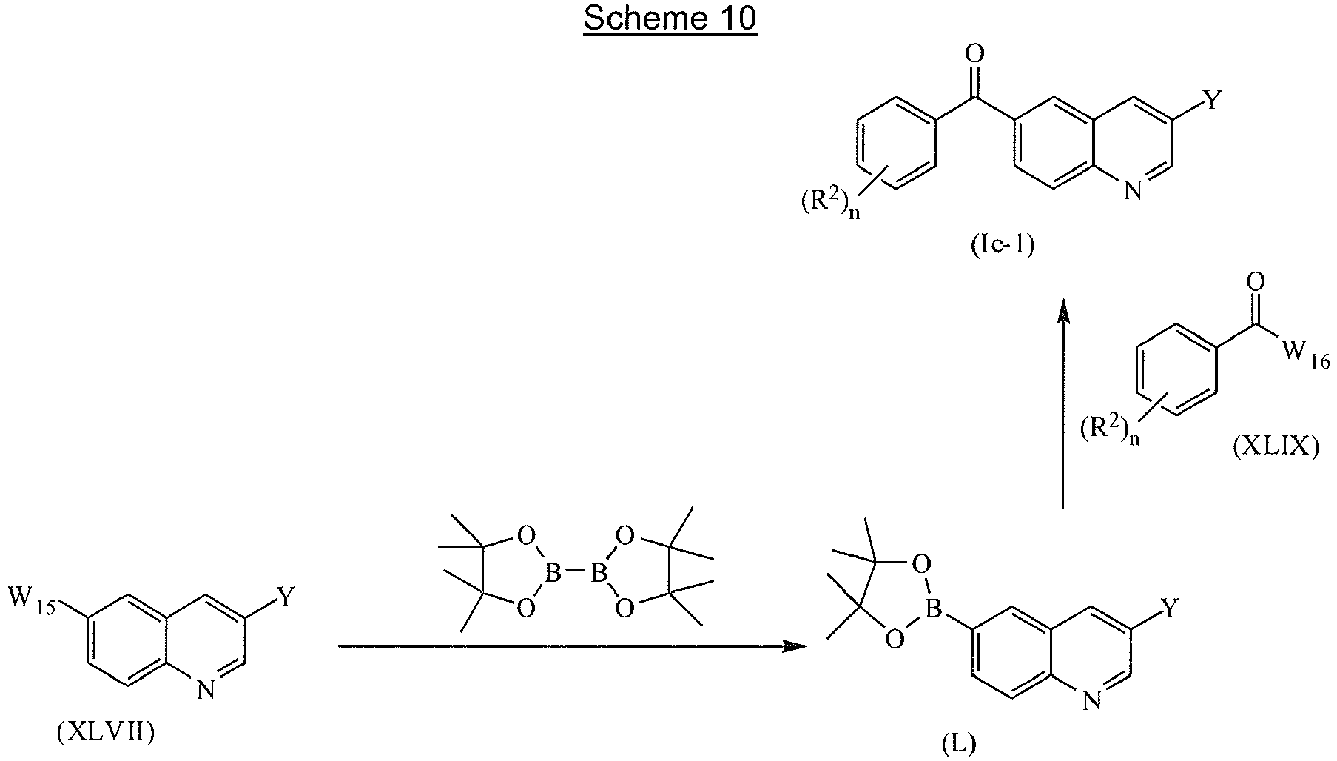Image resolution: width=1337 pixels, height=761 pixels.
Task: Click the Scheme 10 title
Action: (670, 19)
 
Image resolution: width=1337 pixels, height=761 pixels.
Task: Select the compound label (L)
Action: (958, 744)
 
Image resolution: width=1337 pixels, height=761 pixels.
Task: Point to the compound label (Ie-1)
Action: (1003, 246)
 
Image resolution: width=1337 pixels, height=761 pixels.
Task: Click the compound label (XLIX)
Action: (1276, 448)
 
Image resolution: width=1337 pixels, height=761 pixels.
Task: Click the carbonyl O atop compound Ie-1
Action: (975, 54)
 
